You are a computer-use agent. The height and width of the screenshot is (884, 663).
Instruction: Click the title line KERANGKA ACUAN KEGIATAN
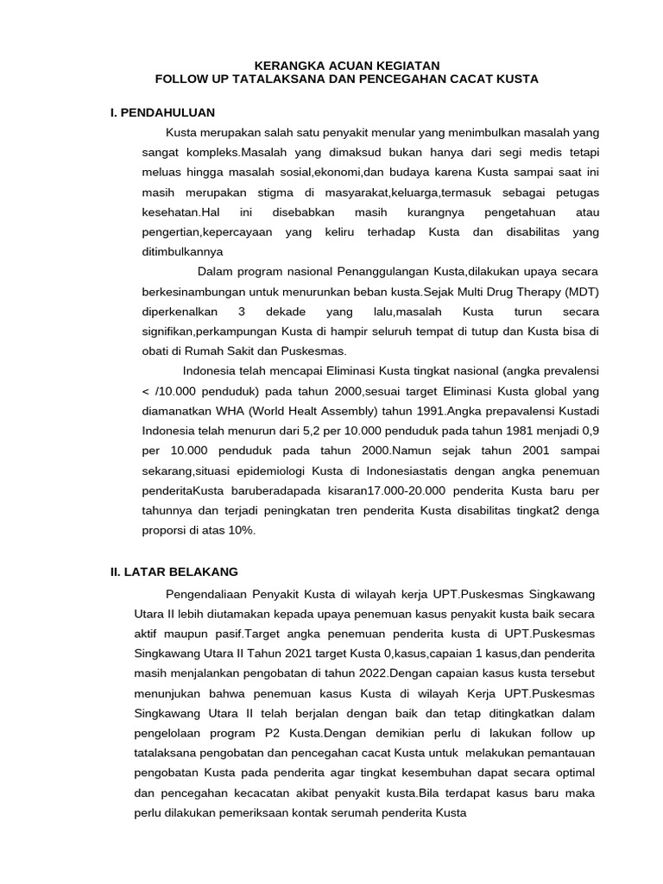click(346, 65)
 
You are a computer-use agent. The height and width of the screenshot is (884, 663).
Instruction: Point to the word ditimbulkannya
click(182, 251)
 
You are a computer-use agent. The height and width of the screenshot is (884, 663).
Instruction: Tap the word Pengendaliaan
click(205, 595)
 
